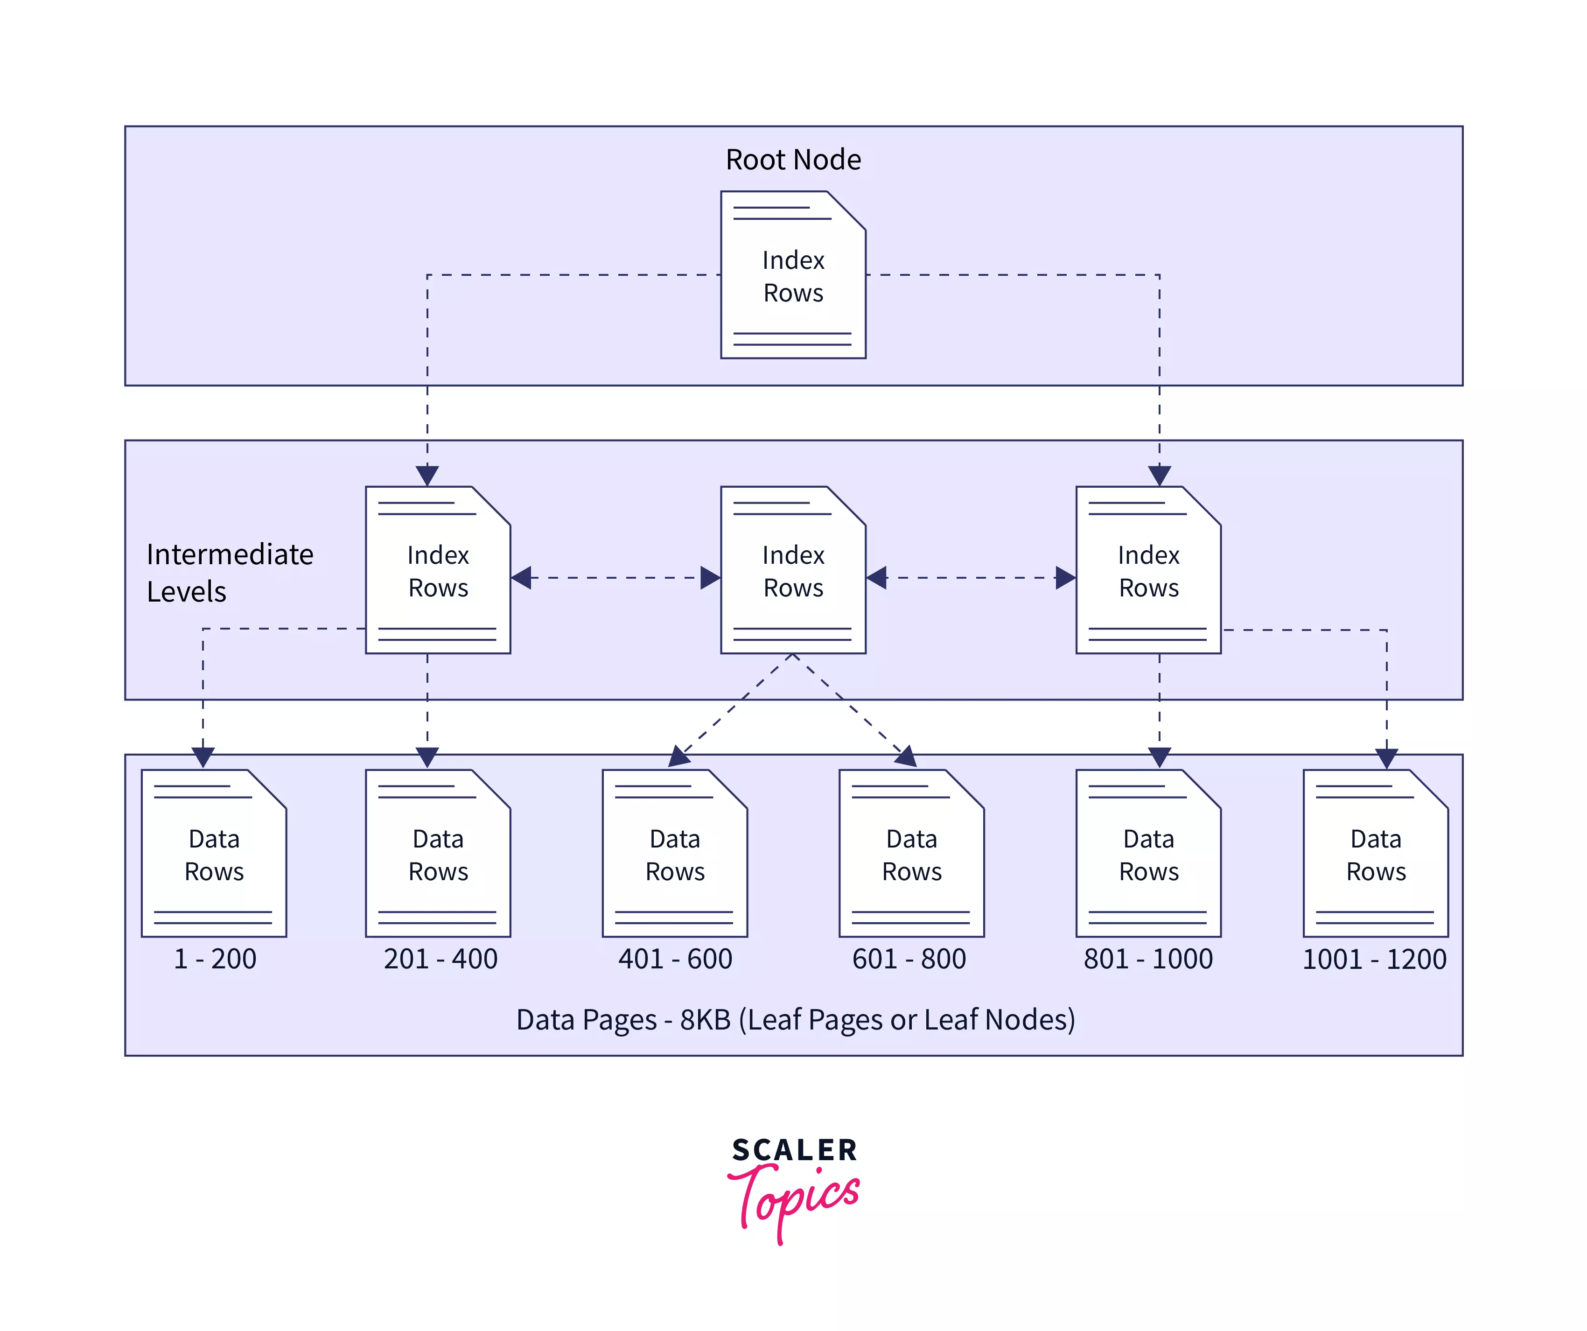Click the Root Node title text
tap(793, 160)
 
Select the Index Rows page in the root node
tap(793, 276)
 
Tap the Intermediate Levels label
tap(229, 572)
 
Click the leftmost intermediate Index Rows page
tap(438, 571)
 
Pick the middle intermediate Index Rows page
tap(793, 571)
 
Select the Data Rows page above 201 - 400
tap(438, 854)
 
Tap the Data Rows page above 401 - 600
tap(674, 854)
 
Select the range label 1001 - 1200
tap(1375, 959)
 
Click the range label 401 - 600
tap(675, 959)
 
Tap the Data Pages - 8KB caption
tap(795, 1020)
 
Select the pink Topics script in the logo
tap(793, 1198)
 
